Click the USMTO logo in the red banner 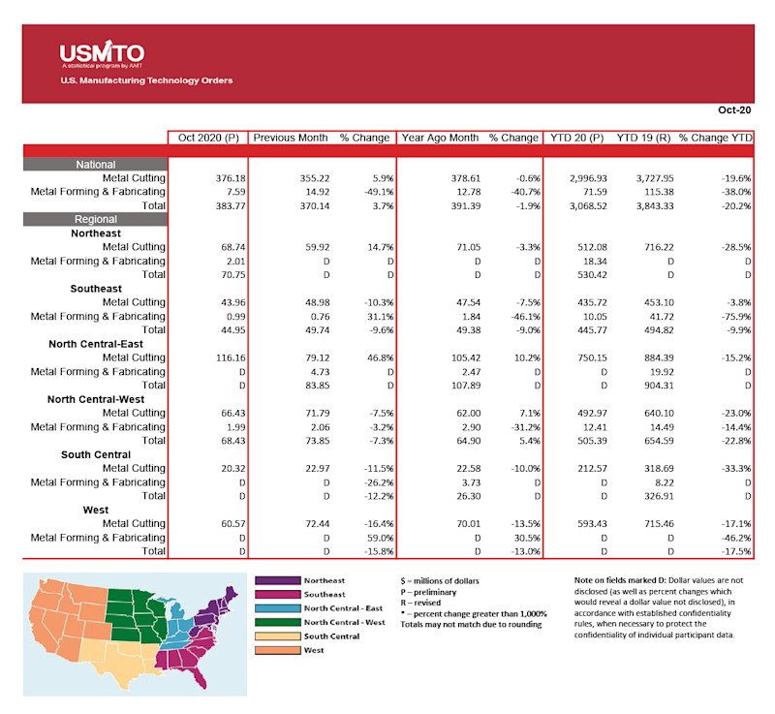[102, 53]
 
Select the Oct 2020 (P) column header [208, 138]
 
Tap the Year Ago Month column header [440, 138]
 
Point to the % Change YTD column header [715, 138]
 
